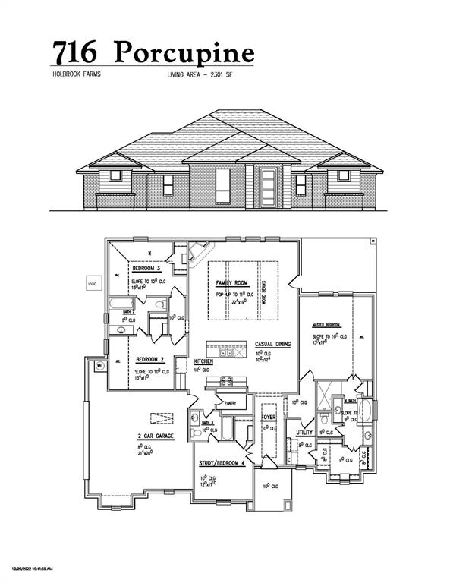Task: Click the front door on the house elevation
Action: coord(267,184)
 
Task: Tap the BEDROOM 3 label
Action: coord(146,269)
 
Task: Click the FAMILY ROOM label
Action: coord(232,282)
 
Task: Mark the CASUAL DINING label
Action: coord(273,345)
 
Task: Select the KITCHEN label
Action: coord(203,362)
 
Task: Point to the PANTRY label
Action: coord(225,404)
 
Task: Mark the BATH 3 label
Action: coord(207,422)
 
